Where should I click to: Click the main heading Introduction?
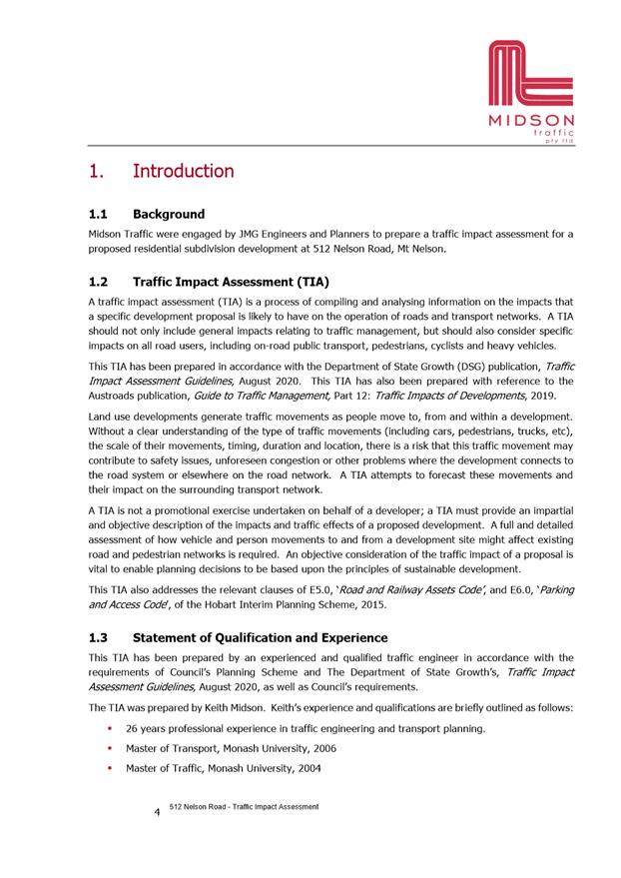(183, 171)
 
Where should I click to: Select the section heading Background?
(169, 214)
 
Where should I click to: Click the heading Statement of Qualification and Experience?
(260, 637)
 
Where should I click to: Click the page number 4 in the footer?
(157, 812)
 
